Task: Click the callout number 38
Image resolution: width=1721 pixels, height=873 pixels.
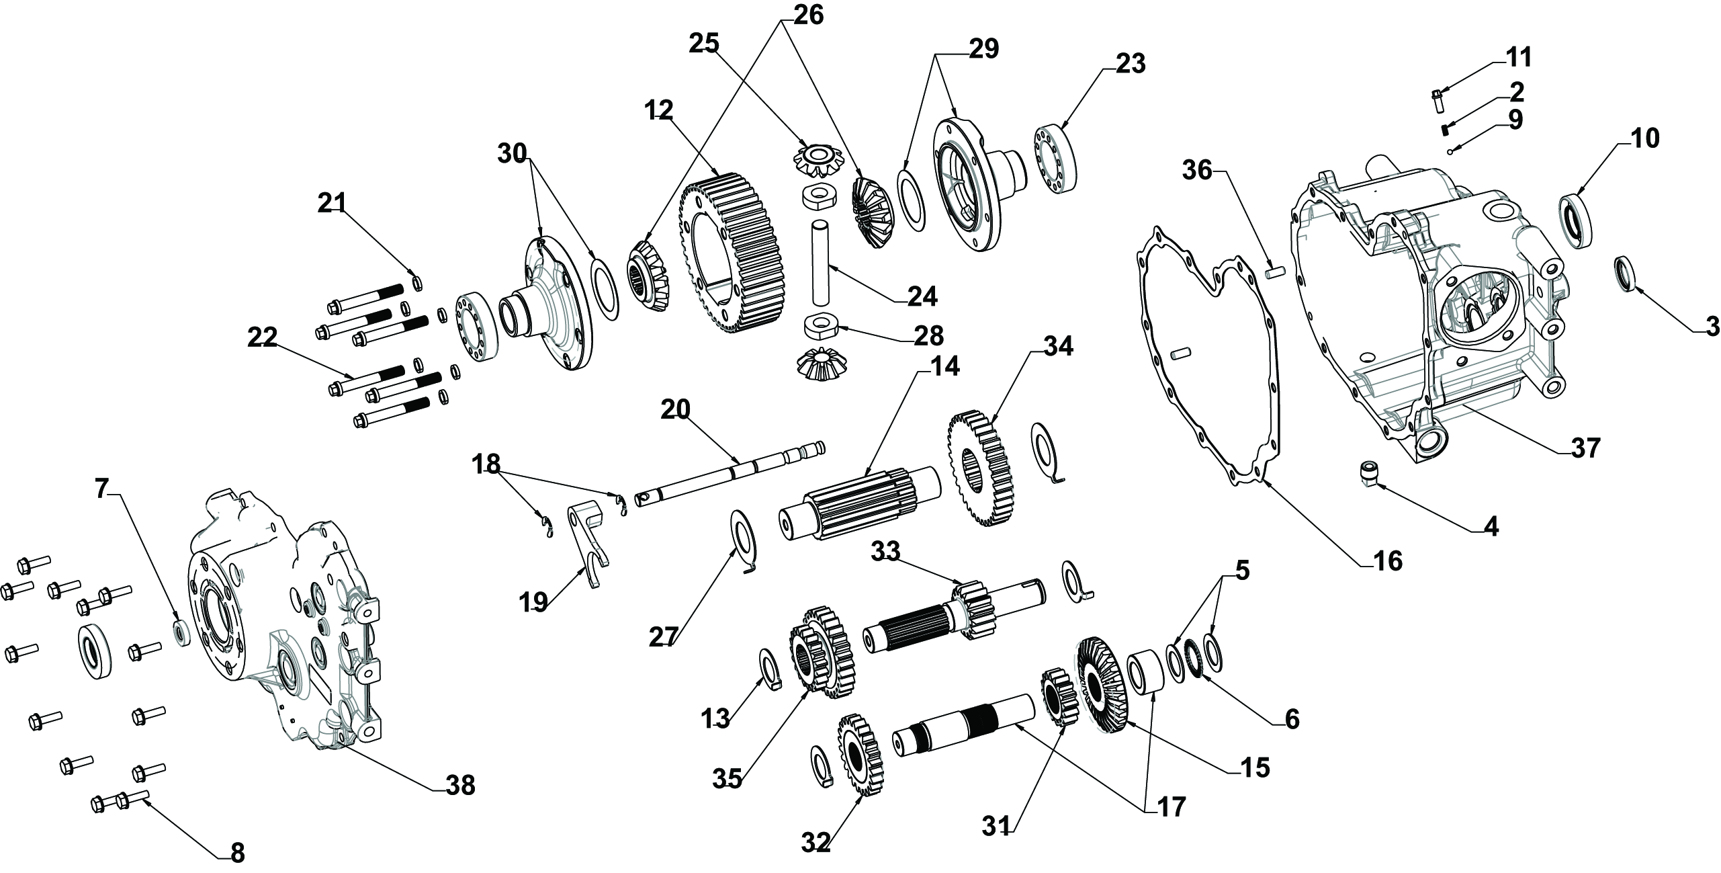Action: [x=460, y=785]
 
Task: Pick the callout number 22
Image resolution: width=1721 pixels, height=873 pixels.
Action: [x=262, y=339]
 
